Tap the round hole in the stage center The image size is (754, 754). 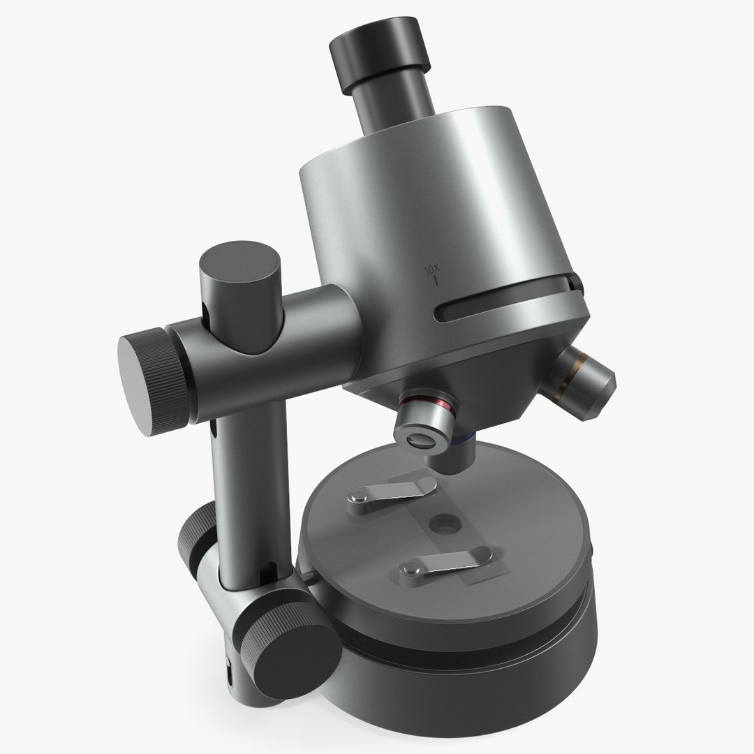(x=442, y=522)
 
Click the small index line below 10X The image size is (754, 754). (x=436, y=282)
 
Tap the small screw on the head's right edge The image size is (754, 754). (x=576, y=283)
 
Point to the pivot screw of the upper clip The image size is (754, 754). (x=356, y=497)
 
